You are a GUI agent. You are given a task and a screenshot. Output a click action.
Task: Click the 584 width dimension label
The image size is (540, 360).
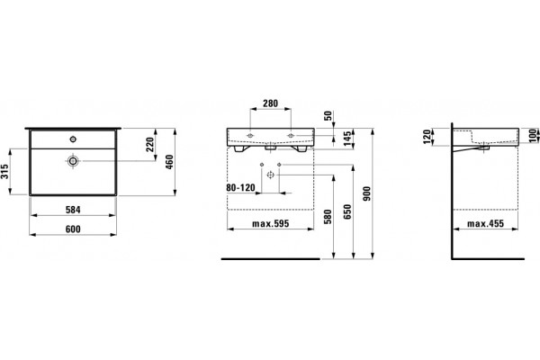73,210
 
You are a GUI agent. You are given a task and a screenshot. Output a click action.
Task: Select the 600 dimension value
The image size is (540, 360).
73,229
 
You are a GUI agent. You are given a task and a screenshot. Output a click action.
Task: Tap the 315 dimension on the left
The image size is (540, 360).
4,172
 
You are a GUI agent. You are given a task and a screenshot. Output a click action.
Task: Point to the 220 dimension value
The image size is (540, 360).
149,144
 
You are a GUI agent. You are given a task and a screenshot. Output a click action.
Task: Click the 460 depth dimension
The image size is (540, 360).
169,162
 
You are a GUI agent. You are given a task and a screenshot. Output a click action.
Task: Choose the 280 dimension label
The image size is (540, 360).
270,103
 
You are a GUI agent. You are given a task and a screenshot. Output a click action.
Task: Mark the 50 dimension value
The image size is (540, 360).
328,115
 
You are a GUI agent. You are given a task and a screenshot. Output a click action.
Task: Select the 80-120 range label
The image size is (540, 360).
240,188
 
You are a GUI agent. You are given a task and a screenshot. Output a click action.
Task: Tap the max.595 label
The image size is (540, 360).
271,224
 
